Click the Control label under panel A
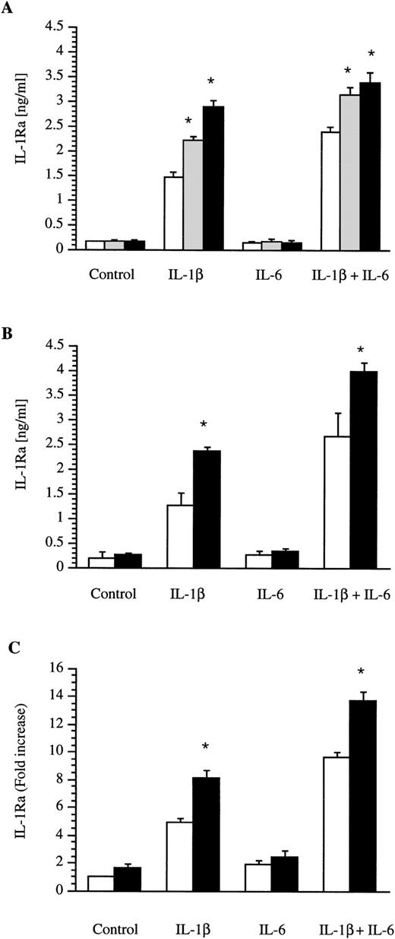click(111, 274)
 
